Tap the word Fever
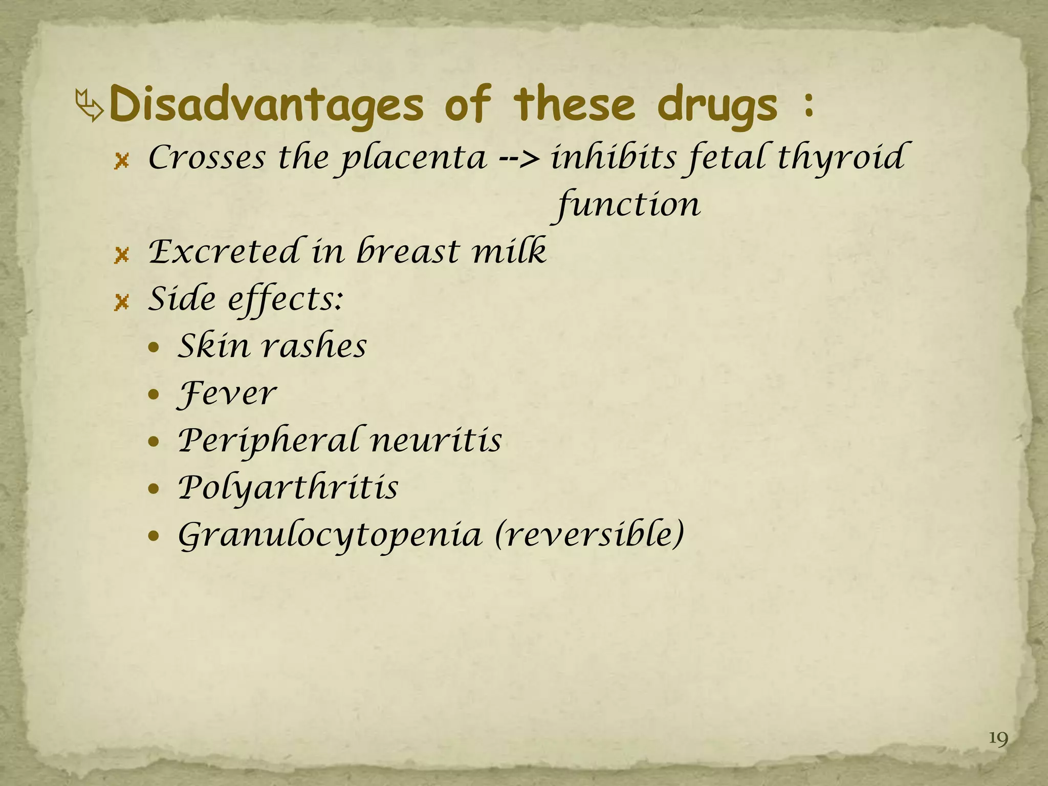point(226,394)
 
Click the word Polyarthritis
point(288,488)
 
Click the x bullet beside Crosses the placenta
point(121,162)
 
